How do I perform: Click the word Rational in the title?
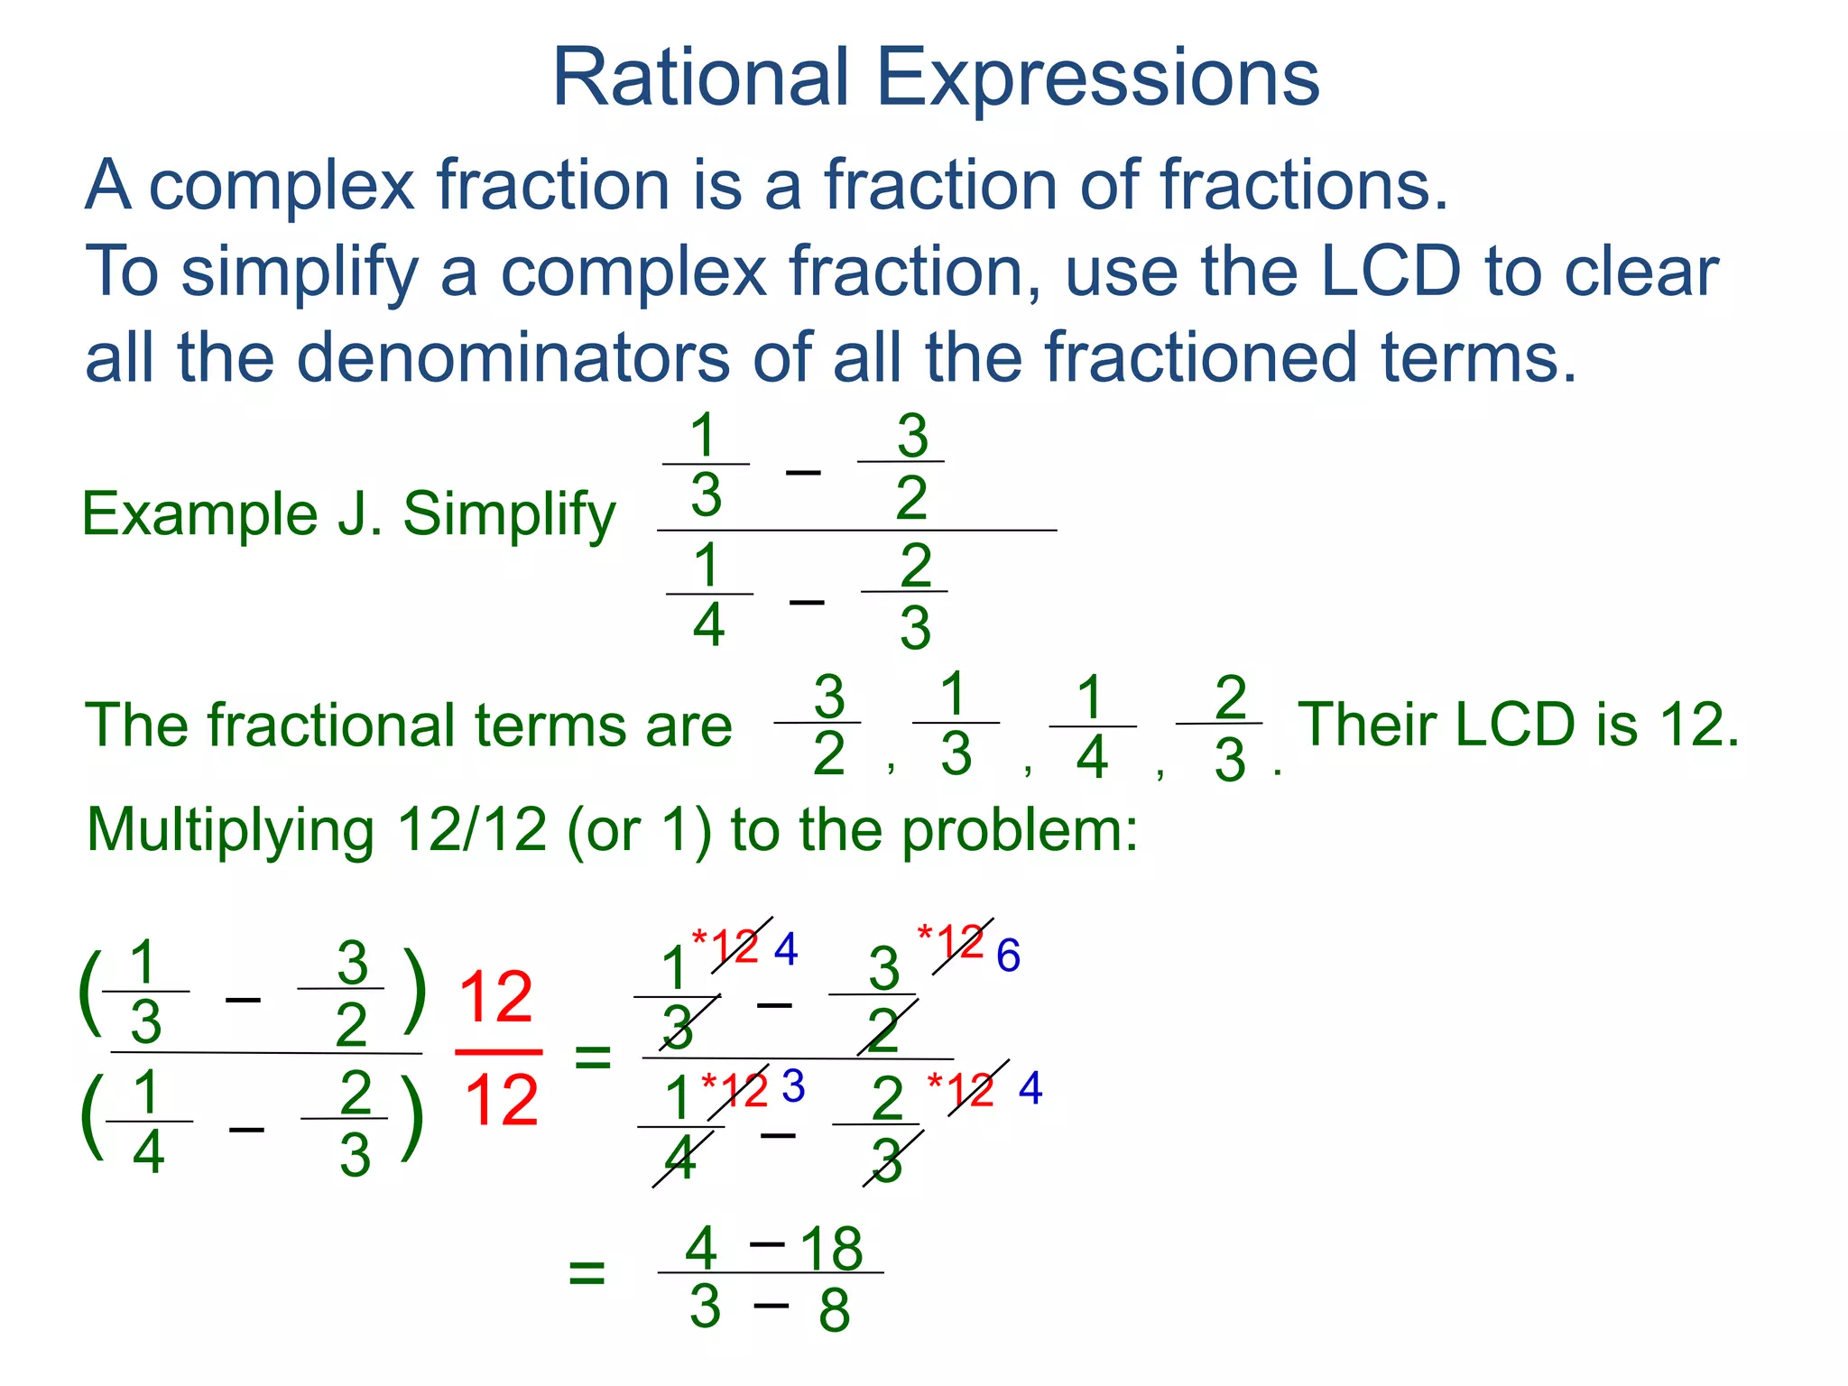tap(700, 79)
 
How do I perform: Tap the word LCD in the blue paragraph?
tap(1389, 271)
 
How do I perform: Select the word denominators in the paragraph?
tap(513, 357)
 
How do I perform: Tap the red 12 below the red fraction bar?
tap(500, 1101)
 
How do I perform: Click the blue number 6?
tap(1008, 956)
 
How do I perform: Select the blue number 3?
tap(793, 1086)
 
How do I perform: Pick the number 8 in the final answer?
tap(834, 1310)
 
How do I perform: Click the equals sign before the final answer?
tap(587, 1274)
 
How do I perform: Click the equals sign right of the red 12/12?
tap(593, 1057)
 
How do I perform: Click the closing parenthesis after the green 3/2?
tap(413, 991)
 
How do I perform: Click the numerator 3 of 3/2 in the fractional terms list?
tap(828, 697)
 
